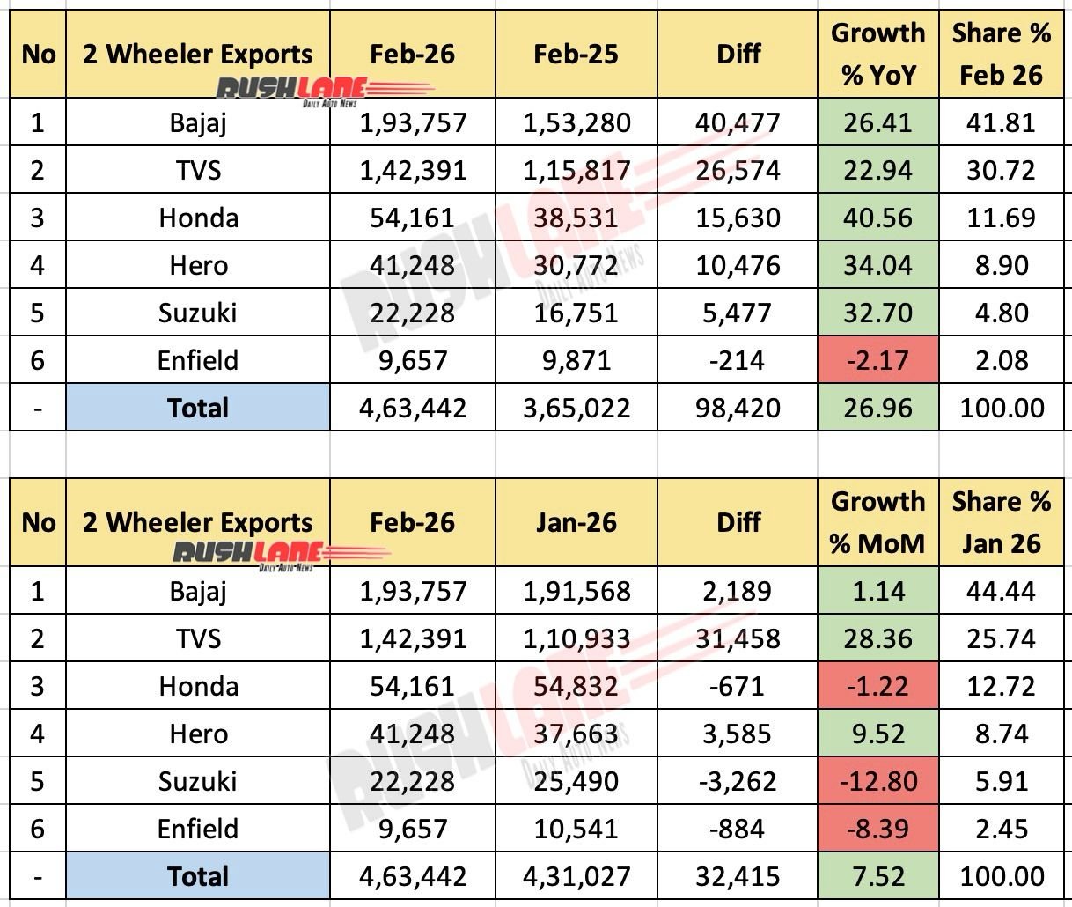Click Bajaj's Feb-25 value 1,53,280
(576, 122)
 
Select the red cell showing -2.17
(877, 360)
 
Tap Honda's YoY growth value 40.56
(877, 218)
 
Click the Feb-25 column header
(576, 54)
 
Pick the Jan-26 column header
(576, 522)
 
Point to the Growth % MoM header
(877, 522)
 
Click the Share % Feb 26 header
(1001, 54)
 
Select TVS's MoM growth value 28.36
(877, 638)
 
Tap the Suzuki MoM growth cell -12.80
(877, 781)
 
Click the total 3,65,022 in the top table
(576, 408)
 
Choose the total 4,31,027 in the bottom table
(576, 876)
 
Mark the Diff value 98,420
(738, 408)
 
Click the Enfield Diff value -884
(738, 829)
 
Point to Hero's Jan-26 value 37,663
(576, 734)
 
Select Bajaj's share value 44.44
(1001, 591)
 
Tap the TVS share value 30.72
(1001, 170)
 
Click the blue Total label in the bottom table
(198, 876)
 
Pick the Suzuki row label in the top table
(198, 313)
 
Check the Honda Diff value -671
(738, 686)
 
